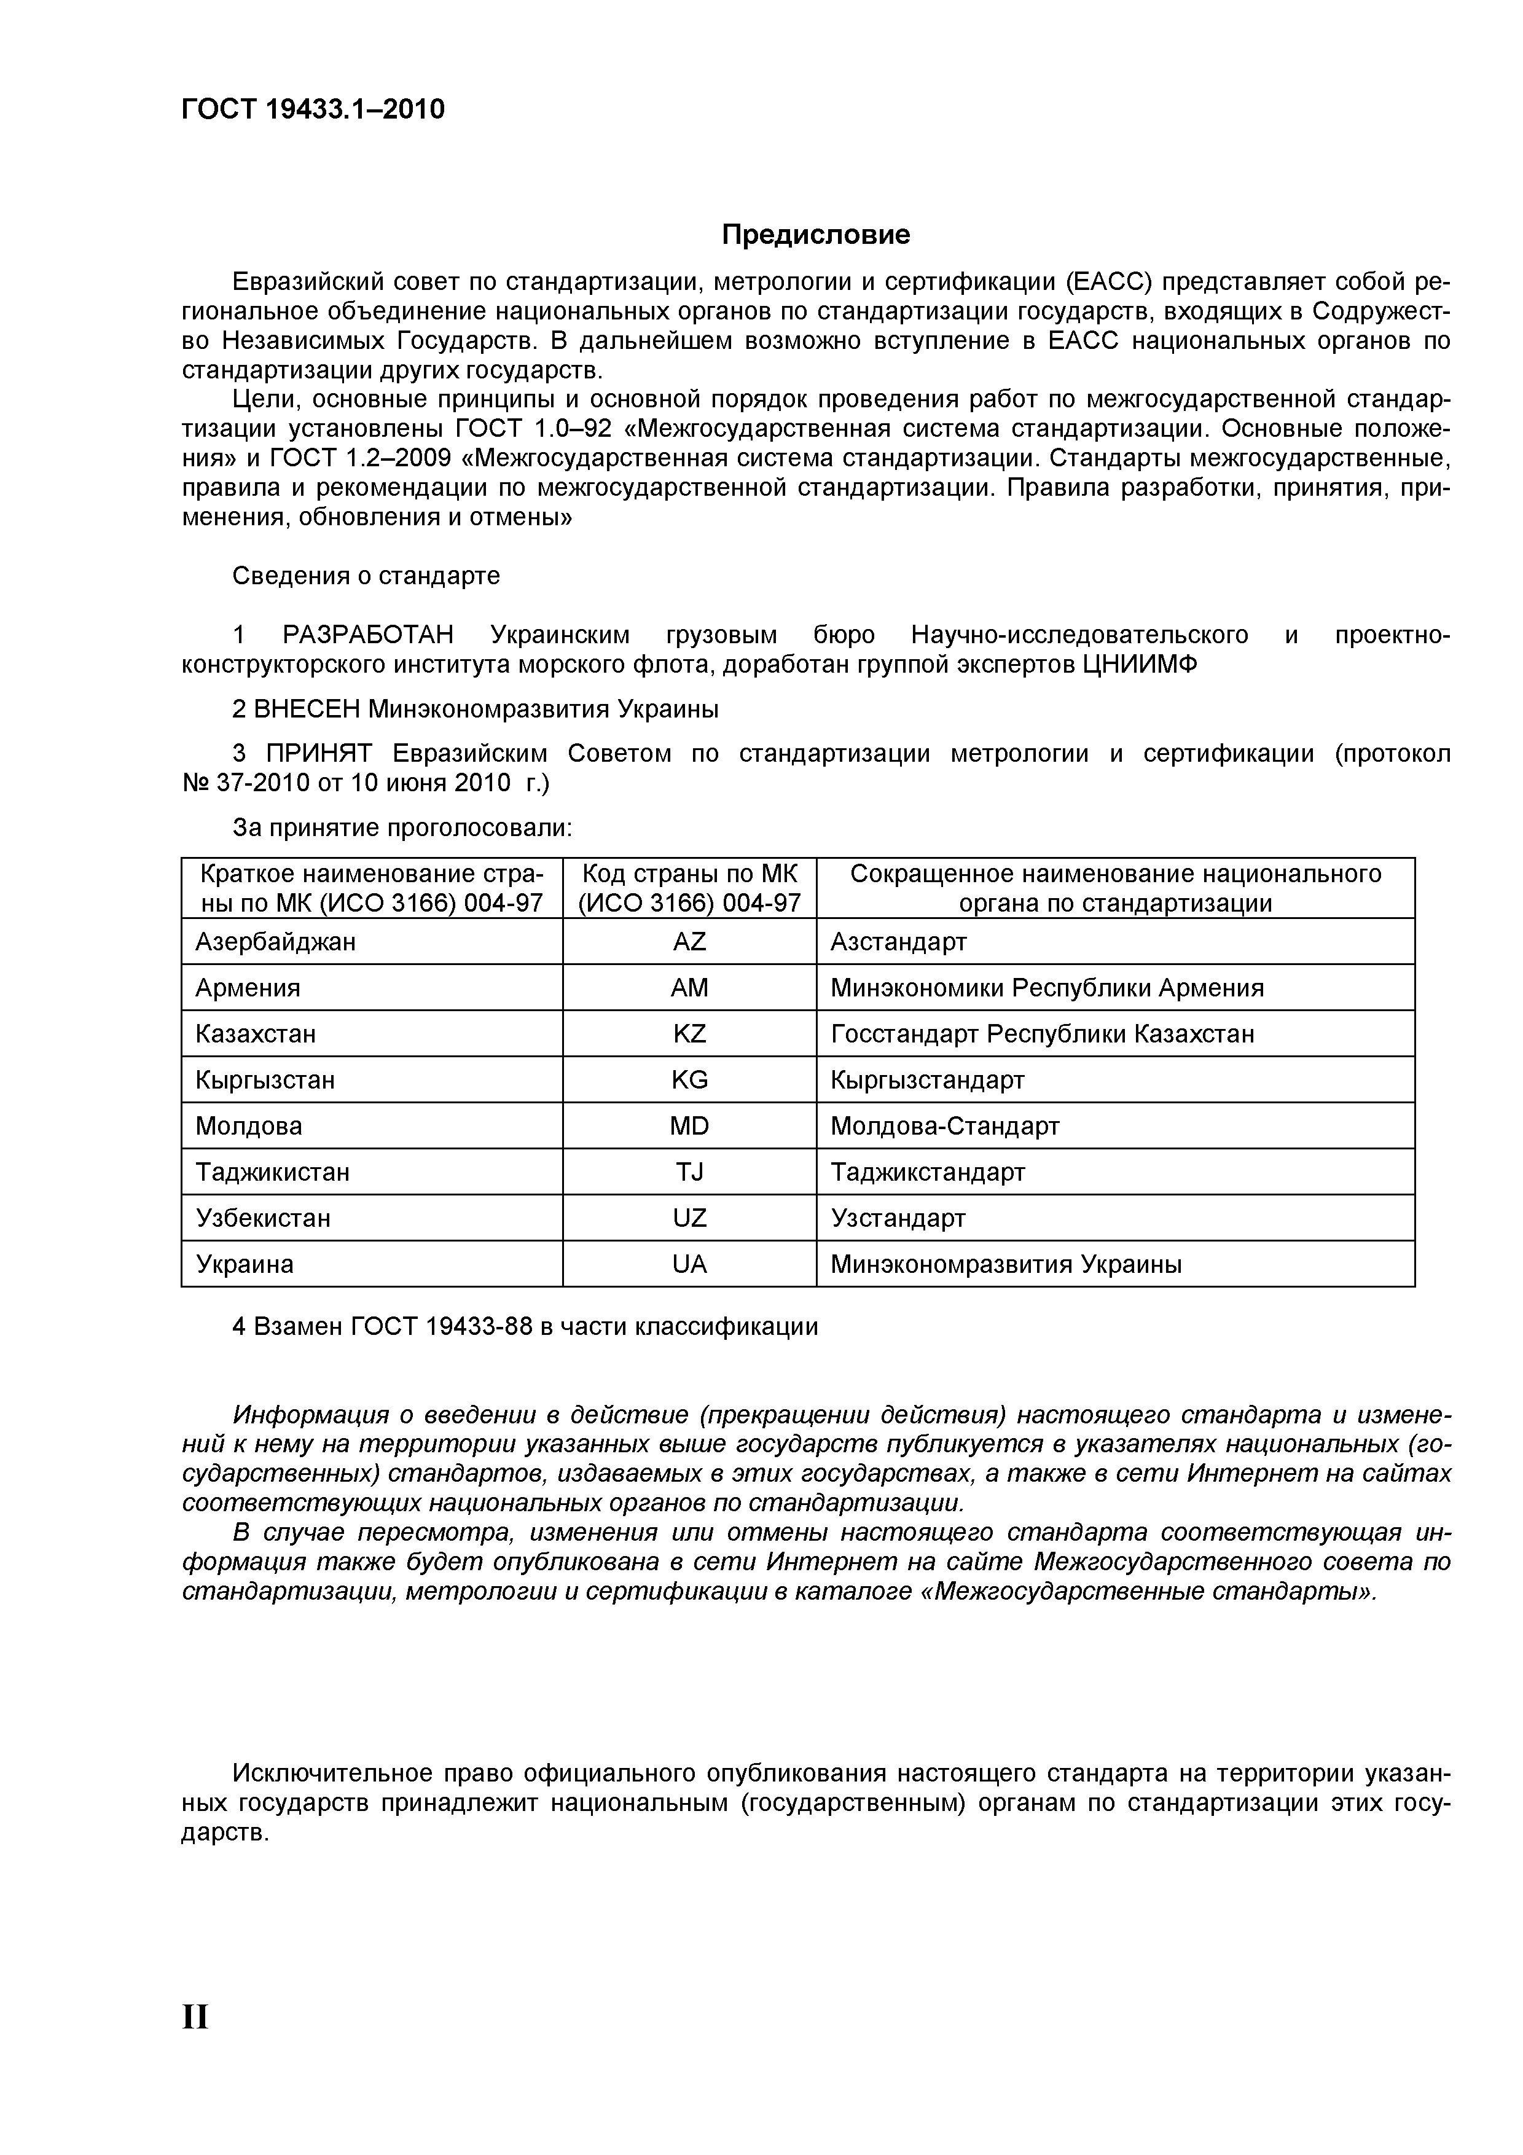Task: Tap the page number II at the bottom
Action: (x=195, y=2016)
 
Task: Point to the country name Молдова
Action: (x=249, y=1125)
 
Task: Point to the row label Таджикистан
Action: (x=272, y=1171)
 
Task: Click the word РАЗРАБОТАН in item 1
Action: (x=368, y=635)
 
